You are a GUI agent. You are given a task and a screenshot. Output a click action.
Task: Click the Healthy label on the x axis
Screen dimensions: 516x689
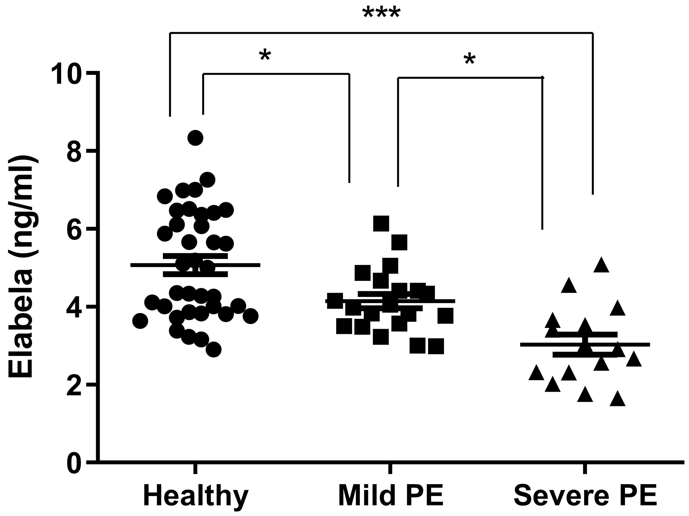[x=196, y=495]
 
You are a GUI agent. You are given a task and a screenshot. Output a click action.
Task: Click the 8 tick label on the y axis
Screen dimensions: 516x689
[x=75, y=152]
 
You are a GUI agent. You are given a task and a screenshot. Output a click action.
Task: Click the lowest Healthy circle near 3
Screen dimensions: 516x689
[x=214, y=350]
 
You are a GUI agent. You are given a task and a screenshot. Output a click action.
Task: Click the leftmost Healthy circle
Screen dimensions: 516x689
[x=140, y=321]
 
